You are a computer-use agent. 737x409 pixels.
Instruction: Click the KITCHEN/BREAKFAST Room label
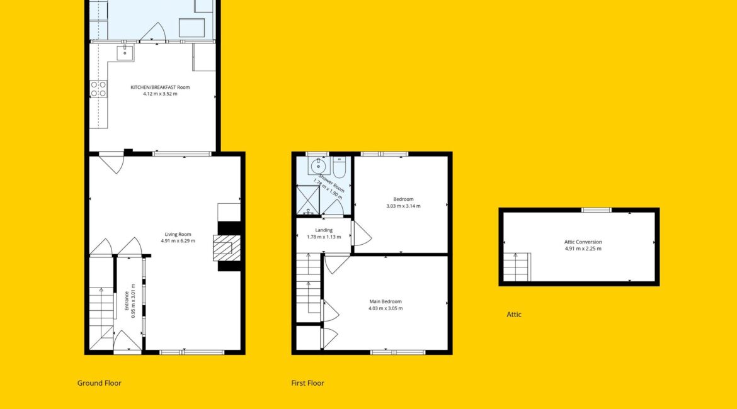[x=160, y=87]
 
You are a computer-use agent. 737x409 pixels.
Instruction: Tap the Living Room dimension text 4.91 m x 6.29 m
[x=178, y=241]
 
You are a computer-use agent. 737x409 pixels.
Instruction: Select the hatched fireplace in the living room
[x=227, y=248]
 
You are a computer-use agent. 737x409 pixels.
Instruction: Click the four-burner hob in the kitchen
[x=98, y=89]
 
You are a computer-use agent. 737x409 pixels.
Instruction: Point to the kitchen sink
[x=125, y=53]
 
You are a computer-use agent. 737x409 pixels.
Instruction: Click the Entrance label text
[x=127, y=301]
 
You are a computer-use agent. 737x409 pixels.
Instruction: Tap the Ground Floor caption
[x=99, y=383]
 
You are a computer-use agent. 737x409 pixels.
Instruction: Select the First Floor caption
[x=307, y=383]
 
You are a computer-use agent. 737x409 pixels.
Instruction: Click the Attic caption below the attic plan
[x=514, y=315]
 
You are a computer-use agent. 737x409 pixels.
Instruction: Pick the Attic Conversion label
[x=583, y=242]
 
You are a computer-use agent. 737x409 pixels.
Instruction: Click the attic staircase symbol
[x=517, y=267]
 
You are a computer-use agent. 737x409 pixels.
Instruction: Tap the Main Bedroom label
[x=386, y=301]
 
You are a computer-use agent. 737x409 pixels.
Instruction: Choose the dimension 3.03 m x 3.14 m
[x=403, y=206]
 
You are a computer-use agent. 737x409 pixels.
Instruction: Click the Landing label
[x=324, y=230]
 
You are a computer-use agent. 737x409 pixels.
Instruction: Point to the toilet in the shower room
[x=340, y=167]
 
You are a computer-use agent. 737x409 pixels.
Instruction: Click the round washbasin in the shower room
[x=318, y=165]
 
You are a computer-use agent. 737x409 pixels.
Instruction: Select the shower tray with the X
[x=308, y=200]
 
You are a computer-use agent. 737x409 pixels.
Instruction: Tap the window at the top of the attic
[x=597, y=210]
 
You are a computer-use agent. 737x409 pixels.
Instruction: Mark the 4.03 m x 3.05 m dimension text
[x=386, y=308]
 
